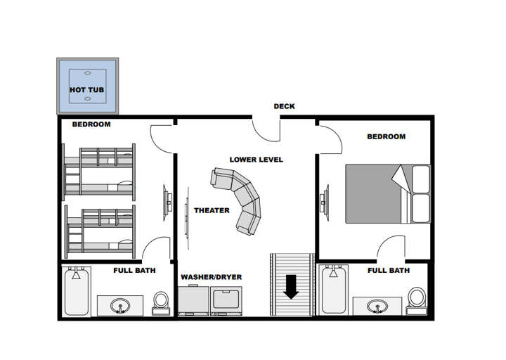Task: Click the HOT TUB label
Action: (x=86, y=90)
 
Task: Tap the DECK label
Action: (x=284, y=107)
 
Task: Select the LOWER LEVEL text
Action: (x=256, y=160)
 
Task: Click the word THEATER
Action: (x=212, y=210)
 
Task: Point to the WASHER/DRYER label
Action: (x=211, y=277)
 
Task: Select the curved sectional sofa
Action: (x=240, y=199)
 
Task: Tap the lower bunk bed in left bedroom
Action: (x=99, y=229)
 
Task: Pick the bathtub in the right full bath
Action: (x=334, y=292)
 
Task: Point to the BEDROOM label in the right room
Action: (x=386, y=136)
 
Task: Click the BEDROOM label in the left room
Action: (x=91, y=124)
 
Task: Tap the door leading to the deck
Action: (x=266, y=129)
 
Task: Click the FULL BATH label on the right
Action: (x=388, y=270)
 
